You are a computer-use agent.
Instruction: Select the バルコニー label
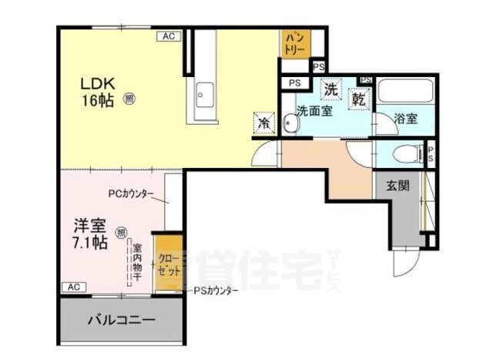tap(121, 320)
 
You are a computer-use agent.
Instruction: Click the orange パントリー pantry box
tap(295, 42)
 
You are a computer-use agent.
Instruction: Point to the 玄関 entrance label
tap(397, 186)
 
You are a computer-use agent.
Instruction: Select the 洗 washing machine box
tap(331, 89)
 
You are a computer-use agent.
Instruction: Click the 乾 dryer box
tap(360, 98)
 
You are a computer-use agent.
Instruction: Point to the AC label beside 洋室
tap(73, 287)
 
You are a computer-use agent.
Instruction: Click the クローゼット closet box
tap(168, 266)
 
